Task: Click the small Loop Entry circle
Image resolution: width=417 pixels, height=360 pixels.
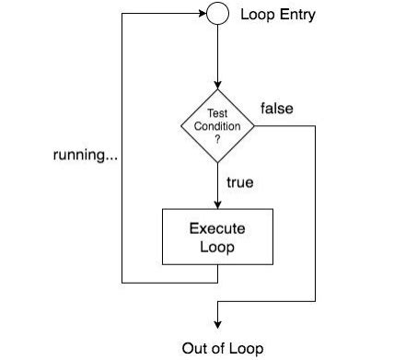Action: click(x=217, y=15)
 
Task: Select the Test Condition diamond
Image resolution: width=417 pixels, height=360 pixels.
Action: click(x=217, y=126)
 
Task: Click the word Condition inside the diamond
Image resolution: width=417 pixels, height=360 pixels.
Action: click(x=217, y=126)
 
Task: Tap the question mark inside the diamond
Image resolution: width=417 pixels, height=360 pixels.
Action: click(x=217, y=138)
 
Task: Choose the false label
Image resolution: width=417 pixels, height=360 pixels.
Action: click(x=277, y=109)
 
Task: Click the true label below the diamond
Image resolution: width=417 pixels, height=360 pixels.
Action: click(x=239, y=182)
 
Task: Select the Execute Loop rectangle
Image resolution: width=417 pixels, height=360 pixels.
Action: click(x=217, y=237)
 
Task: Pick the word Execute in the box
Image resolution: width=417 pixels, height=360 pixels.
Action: click(x=217, y=228)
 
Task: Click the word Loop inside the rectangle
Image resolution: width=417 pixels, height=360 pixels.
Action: click(x=217, y=246)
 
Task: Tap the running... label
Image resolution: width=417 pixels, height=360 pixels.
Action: click(x=82, y=155)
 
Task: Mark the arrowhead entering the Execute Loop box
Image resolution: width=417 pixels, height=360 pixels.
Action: click(x=217, y=204)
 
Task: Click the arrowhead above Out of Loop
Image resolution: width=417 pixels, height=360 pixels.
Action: click(x=217, y=322)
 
